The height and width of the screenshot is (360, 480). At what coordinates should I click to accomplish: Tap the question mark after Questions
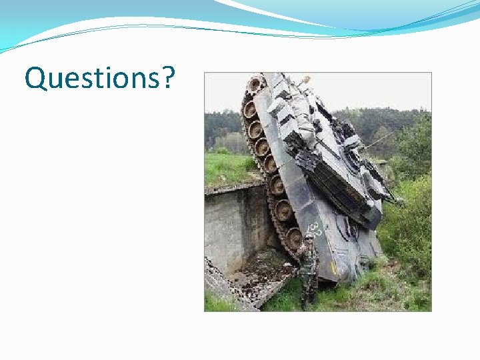[167, 78]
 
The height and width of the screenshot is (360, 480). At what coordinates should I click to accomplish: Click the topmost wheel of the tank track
[255, 85]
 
